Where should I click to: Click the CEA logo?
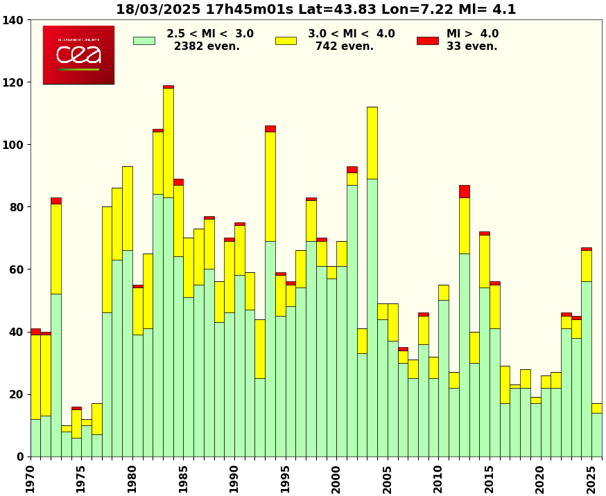click(78, 55)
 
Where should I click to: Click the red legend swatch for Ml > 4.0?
click(427, 41)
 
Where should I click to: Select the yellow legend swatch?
click(286, 41)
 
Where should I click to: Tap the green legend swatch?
click(144, 41)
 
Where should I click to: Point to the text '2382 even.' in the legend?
click(207, 46)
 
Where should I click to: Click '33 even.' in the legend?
click(472, 46)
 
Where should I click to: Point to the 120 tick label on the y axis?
click(15, 82)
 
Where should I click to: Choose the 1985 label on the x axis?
click(183, 479)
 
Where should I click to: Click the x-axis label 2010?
click(438, 479)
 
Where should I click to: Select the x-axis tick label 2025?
click(591, 479)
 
